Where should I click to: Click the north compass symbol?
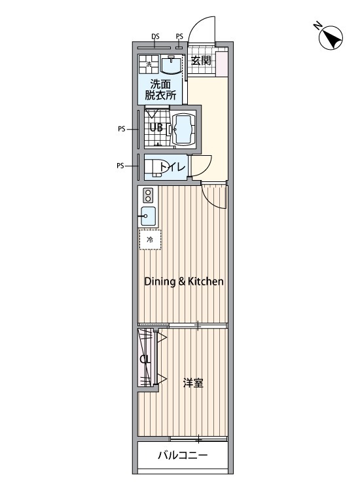331,37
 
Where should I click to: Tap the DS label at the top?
155,37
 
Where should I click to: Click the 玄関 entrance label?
201,60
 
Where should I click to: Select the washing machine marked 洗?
149,65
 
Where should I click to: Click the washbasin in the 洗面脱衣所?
171,65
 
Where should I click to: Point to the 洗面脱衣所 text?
160,90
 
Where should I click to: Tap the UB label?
156,128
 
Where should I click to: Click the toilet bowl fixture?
153,168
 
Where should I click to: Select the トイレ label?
173,167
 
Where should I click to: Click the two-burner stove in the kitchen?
148,195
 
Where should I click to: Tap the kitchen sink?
148,216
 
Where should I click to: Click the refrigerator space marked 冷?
151,240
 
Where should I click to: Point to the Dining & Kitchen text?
184,282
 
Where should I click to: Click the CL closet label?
145,359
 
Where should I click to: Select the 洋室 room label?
193,383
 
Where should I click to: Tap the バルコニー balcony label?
183,455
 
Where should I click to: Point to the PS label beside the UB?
122,129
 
